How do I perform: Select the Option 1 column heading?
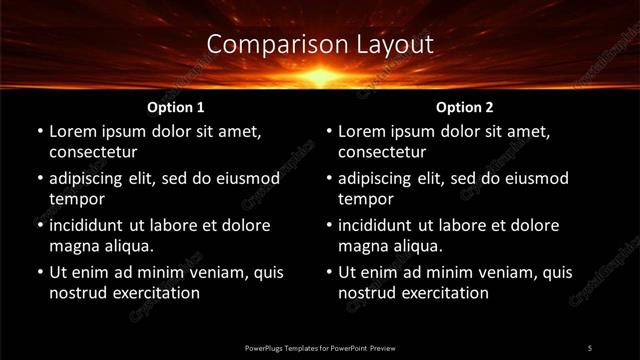pos(175,106)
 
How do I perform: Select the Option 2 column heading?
pos(465,106)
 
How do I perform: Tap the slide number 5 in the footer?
pos(590,347)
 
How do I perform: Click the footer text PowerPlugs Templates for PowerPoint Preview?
pos(320,347)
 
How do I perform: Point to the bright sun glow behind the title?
pos(320,74)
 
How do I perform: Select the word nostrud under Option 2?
pos(368,293)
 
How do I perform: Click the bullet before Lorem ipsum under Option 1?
pos(38,132)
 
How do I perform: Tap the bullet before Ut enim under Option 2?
pos(328,273)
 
